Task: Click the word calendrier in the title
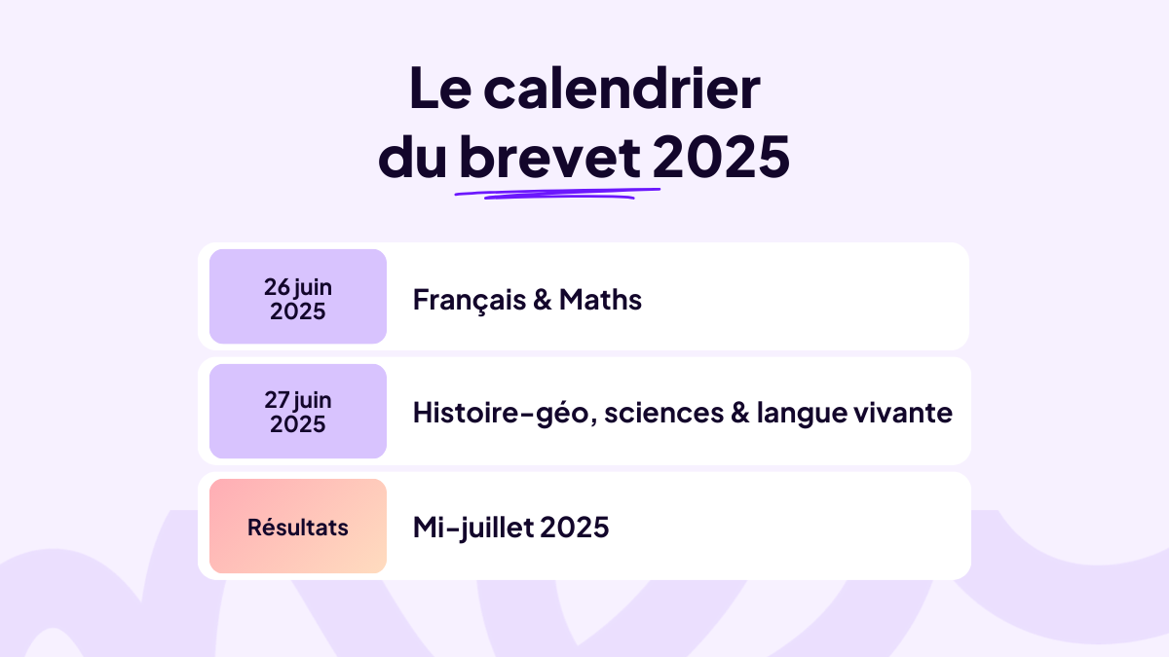coord(622,90)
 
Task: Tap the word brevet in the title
coord(549,158)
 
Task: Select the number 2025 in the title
coord(722,158)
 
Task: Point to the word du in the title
coord(412,158)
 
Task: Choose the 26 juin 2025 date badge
coord(298,297)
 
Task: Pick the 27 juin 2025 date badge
coord(298,412)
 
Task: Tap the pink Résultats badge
coord(298,527)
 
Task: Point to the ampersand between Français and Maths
coord(543,300)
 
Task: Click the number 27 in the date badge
coord(278,400)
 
